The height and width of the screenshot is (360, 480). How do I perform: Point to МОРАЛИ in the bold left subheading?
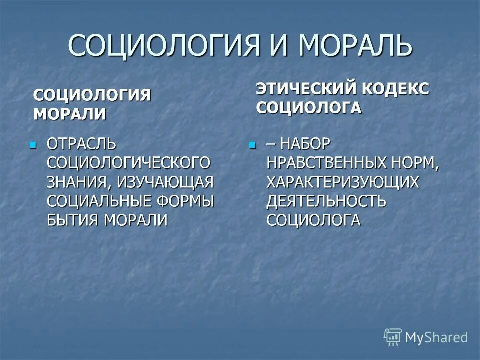(69, 113)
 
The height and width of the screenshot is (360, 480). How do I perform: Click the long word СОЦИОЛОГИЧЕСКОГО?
(129, 163)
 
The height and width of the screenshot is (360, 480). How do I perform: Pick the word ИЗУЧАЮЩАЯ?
(165, 182)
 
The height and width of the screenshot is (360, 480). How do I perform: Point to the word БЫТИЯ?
(73, 220)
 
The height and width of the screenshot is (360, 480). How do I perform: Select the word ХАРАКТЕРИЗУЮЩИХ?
(342, 182)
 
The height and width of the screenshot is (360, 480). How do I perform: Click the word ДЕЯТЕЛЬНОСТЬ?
(326, 201)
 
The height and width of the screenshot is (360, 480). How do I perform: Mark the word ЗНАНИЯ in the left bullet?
(78, 182)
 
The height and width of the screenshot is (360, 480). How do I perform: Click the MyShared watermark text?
(436, 337)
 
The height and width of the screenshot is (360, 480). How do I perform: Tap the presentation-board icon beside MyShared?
(393, 337)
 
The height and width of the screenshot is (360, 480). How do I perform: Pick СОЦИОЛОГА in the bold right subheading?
(308, 108)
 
